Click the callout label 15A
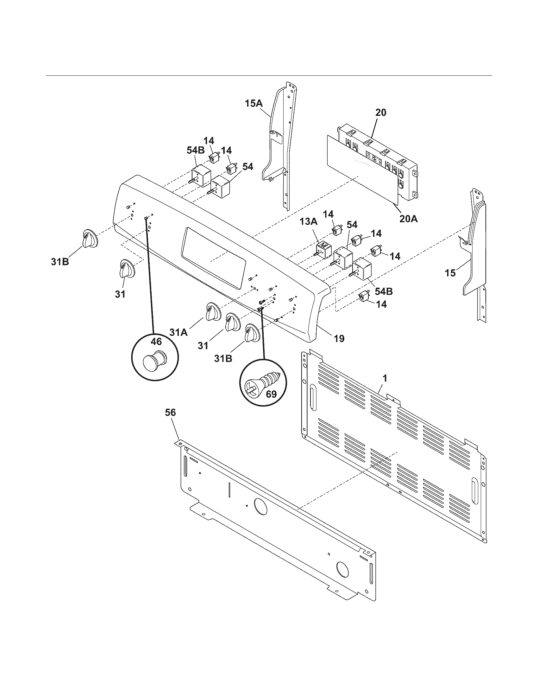(254, 103)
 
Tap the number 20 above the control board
(380, 112)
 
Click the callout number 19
(340, 338)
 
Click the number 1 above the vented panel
(385, 379)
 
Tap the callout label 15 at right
(450, 273)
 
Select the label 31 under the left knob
(120, 294)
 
